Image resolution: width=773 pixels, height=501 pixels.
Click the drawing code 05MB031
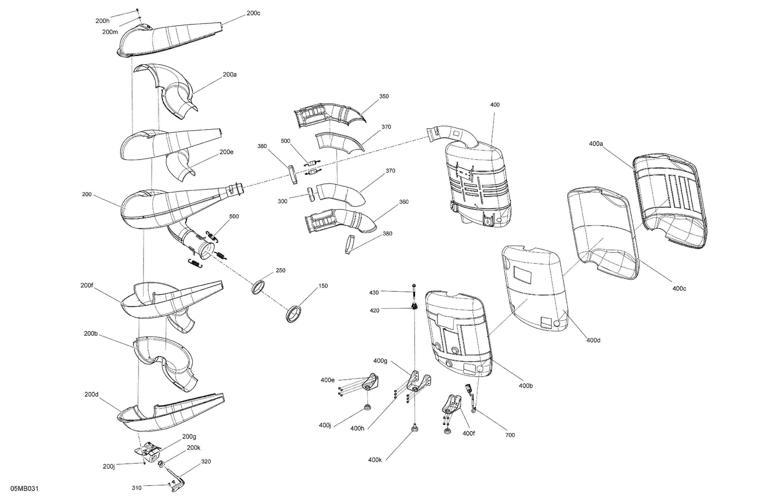(x=24, y=489)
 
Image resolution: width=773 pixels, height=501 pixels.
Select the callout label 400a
(x=596, y=143)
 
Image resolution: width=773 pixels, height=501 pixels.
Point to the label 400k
(x=375, y=460)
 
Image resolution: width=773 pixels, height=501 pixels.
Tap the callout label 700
(x=510, y=435)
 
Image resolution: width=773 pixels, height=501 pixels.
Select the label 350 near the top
(x=384, y=96)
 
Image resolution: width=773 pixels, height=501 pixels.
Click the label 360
(x=404, y=202)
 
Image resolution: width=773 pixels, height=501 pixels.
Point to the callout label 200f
(x=87, y=285)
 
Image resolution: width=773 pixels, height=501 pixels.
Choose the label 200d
(x=91, y=395)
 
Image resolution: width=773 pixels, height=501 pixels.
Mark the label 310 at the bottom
(x=137, y=488)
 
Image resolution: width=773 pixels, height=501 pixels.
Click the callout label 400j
(x=325, y=425)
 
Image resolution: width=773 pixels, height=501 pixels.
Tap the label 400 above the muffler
(x=495, y=105)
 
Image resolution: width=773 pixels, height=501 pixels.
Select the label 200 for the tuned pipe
(x=87, y=194)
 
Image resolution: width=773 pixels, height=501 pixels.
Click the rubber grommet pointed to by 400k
(x=414, y=429)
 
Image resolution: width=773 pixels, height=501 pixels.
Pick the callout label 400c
(x=679, y=289)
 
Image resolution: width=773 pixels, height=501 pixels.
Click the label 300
(x=283, y=201)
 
